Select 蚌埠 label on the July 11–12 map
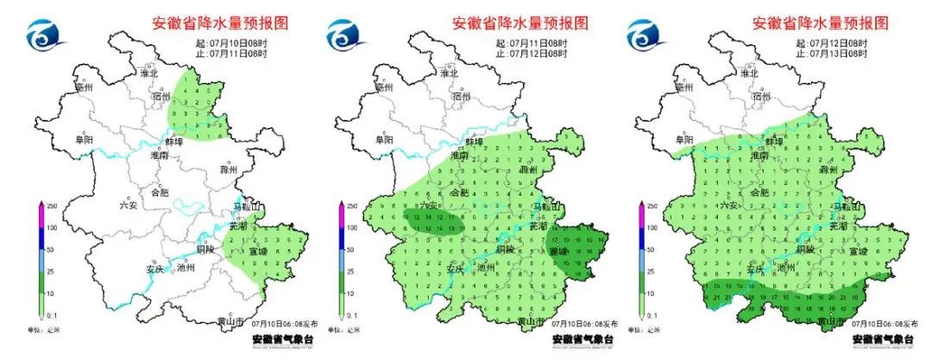[475, 141]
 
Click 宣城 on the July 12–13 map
[857, 250]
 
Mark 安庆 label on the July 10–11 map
[155, 268]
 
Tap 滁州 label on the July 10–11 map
[230, 171]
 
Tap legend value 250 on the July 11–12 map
[351, 206]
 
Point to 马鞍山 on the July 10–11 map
[248, 208]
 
